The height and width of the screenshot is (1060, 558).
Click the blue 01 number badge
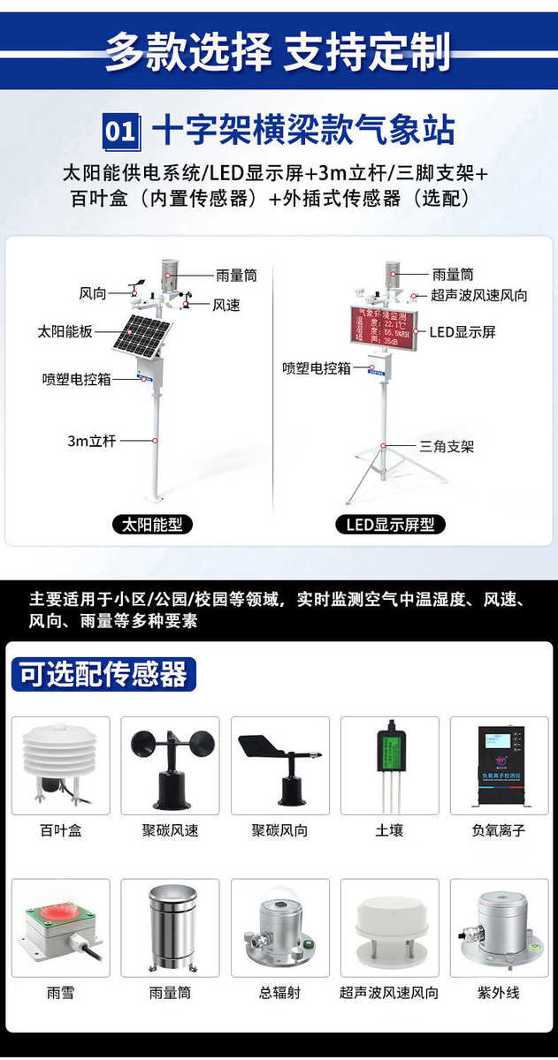(120, 131)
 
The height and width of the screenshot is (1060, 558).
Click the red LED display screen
(384, 328)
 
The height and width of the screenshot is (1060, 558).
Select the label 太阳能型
(153, 525)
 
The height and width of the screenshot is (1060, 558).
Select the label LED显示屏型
(390, 525)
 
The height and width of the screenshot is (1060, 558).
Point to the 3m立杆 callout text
(92, 440)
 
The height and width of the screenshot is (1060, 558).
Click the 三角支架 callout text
(447, 446)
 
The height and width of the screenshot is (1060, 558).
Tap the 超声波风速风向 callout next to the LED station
(479, 296)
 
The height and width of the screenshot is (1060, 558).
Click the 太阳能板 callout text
(65, 331)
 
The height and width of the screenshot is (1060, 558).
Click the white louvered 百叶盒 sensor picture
(61, 764)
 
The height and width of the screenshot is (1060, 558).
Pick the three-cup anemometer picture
(170, 764)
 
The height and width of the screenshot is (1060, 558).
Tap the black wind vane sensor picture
(280, 764)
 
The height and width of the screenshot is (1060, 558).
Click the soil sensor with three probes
(389, 764)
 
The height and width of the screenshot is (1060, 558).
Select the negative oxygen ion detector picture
(499, 764)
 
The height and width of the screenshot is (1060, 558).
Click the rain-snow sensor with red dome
(61, 927)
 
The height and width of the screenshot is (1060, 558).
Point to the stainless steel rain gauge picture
(170, 927)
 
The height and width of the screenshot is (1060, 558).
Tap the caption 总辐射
(279, 993)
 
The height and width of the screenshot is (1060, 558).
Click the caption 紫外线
(499, 993)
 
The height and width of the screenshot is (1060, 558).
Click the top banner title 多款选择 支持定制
(278, 51)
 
